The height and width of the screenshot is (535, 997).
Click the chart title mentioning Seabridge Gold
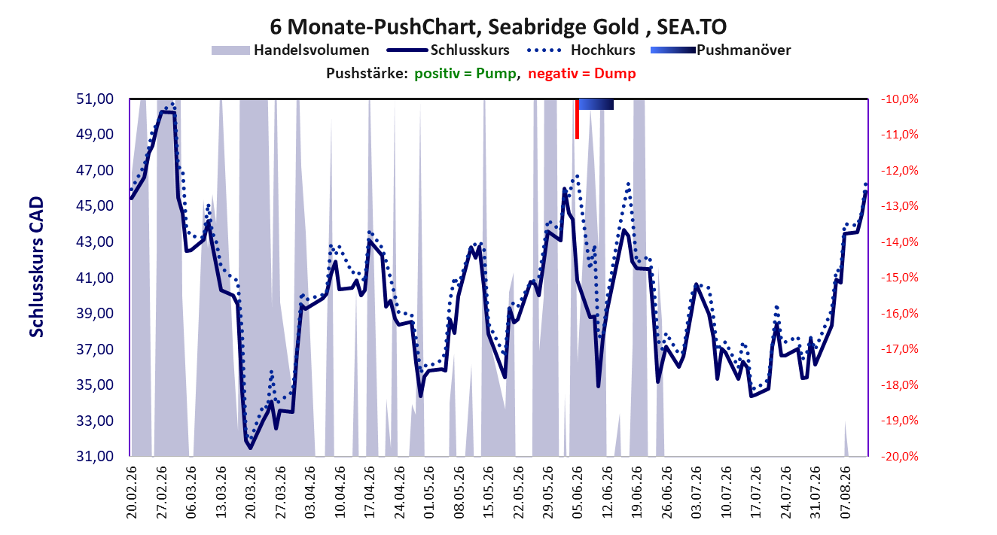pyautogui.click(x=498, y=26)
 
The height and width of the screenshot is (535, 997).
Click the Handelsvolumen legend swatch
pyautogui.click(x=230, y=50)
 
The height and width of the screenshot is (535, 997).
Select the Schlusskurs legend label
pyautogui.click(x=470, y=50)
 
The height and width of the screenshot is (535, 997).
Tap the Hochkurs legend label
pyautogui.click(x=602, y=50)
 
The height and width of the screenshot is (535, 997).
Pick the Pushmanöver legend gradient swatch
pyautogui.click(x=673, y=50)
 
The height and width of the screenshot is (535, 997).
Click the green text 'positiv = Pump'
pyautogui.click(x=465, y=74)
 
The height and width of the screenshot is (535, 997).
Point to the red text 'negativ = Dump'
pyautogui.click(x=582, y=74)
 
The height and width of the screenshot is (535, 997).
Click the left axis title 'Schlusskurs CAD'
pyautogui.click(x=36, y=267)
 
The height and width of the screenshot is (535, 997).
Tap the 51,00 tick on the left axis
pyautogui.click(x=95, y=99)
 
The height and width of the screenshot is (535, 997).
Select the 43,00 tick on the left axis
pyautogui.click(x=95, y=242)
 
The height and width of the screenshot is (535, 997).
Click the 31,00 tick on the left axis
pyautogui.click(x=95, y=456)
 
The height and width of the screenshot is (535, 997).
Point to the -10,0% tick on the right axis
pyautogui.click(x=900, y=99)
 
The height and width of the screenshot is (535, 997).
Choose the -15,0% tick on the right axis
pyautogui.click(x=900, y=278)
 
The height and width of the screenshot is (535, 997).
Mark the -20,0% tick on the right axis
pyautogui.click(x=900, y=456)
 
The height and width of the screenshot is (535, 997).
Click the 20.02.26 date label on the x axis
pyautogui.click(x=132, y=492)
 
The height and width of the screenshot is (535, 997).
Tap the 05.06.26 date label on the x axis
pyautogui.click(x=578, y=492)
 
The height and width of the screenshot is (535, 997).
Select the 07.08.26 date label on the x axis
pyautogui.click(x=845, y=492)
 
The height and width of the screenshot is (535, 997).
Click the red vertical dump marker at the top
pyautogui.click(x=577, y=119)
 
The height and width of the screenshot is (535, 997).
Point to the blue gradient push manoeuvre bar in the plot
pyautogui.click(x=596, y=104)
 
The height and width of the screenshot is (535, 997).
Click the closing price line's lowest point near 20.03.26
pyautogui.click(x=250, y=448)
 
